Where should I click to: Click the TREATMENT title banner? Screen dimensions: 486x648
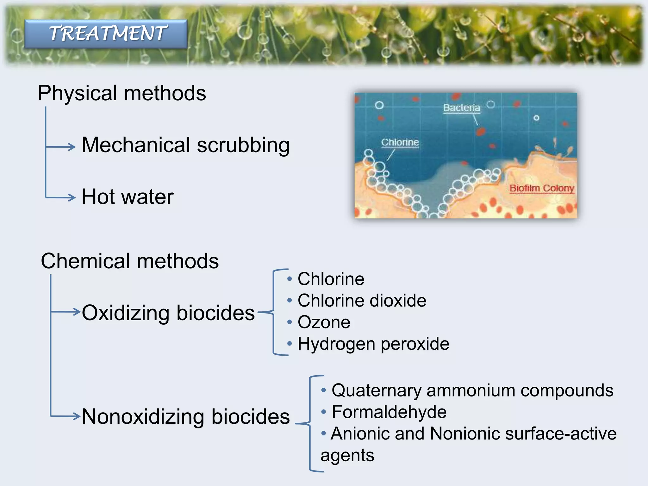106,34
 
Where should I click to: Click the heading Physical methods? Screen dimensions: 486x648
122,93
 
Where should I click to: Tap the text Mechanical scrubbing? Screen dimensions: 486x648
186,145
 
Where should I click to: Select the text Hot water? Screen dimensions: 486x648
128,197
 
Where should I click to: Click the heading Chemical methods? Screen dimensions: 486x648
130,261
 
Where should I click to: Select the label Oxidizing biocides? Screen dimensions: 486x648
168,313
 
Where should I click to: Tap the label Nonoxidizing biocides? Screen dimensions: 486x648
186,416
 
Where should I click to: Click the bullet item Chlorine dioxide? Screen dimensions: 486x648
362,301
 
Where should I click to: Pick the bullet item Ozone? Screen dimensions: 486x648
324,322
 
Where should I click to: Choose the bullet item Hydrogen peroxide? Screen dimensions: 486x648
373,344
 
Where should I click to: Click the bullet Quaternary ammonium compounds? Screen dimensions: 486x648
472,390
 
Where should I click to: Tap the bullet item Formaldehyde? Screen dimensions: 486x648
389,412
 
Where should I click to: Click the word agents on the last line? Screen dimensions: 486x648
347,456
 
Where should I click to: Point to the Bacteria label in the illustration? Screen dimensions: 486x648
461,108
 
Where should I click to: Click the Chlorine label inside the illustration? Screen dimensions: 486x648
400,142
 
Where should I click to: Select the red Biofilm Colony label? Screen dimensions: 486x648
542,188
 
